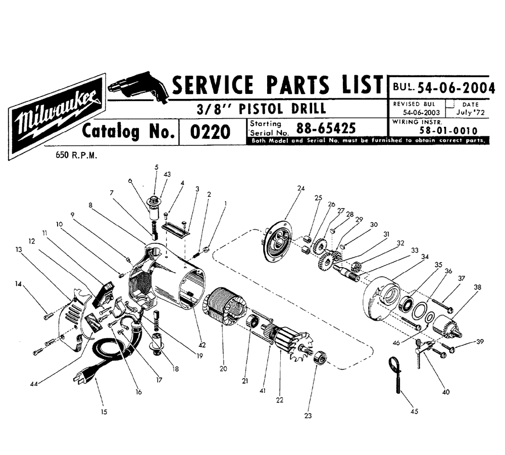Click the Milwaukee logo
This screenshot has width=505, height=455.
57,117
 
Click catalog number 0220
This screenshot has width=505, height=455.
210,132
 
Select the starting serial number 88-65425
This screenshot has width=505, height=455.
326,128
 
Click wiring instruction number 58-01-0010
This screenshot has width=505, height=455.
448,131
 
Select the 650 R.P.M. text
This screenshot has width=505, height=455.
76,155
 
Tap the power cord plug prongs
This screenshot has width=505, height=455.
79,378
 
